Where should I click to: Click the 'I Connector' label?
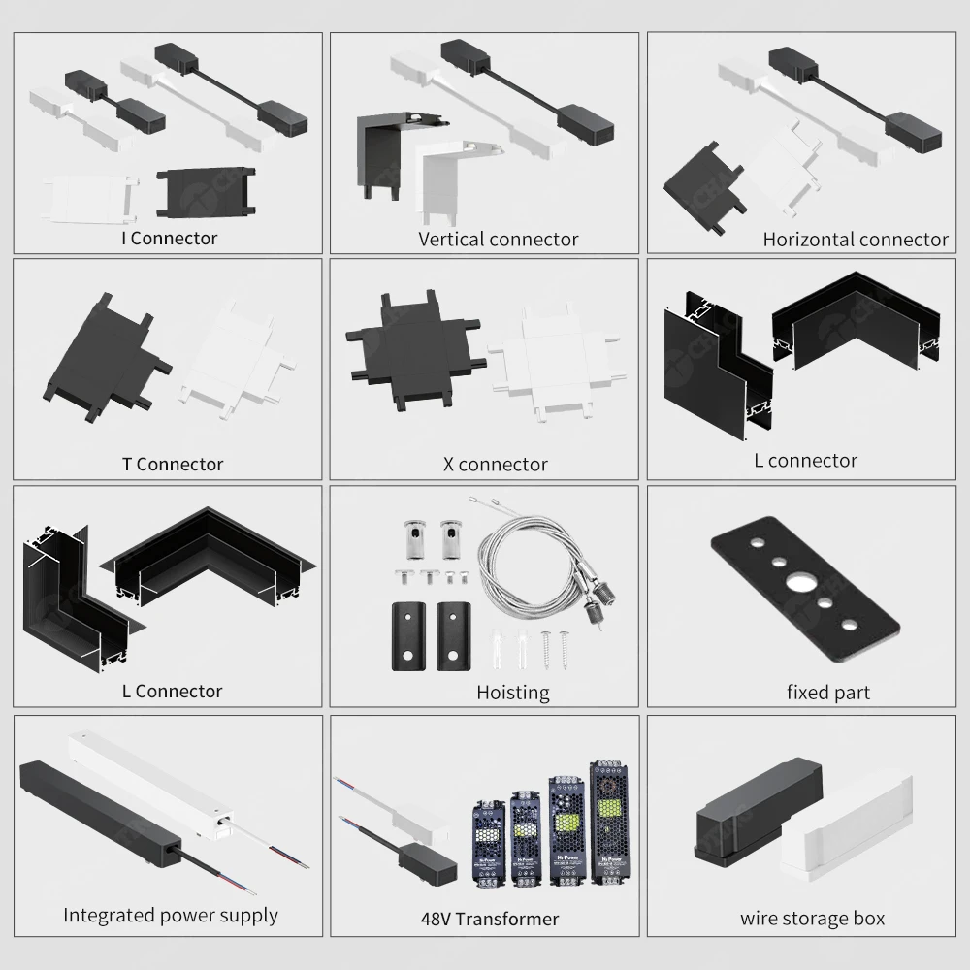tap(171, 238)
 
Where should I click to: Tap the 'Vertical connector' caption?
tap(498, 239)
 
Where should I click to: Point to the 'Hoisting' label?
tap(512, 693)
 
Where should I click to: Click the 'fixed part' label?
tap(827, 693)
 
